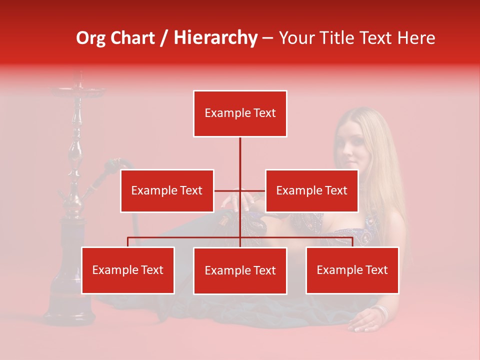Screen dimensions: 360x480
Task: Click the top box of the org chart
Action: pyautogui.click(x=240, y=113)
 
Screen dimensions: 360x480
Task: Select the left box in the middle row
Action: pyautogui.click(x=167, y=190)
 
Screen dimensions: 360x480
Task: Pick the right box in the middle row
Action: pyautogui.click(x=311, y=190)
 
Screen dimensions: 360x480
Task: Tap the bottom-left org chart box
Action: pyautogui.click(x=128, y=270)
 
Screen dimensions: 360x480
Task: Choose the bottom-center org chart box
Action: pyautogui.click(x=240, y=270)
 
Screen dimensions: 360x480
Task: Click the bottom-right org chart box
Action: pyautogui.click(x=352, y=270)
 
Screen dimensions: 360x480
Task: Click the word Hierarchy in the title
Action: pyautogui.click(x=215, y=38)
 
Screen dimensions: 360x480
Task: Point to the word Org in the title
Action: pyautogui.click(x=92, y=38)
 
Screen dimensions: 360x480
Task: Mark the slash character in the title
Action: pyautogui.click(x=164, y=38)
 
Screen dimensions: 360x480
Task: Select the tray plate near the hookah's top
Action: pyautogui.click(x=77, y=91)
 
